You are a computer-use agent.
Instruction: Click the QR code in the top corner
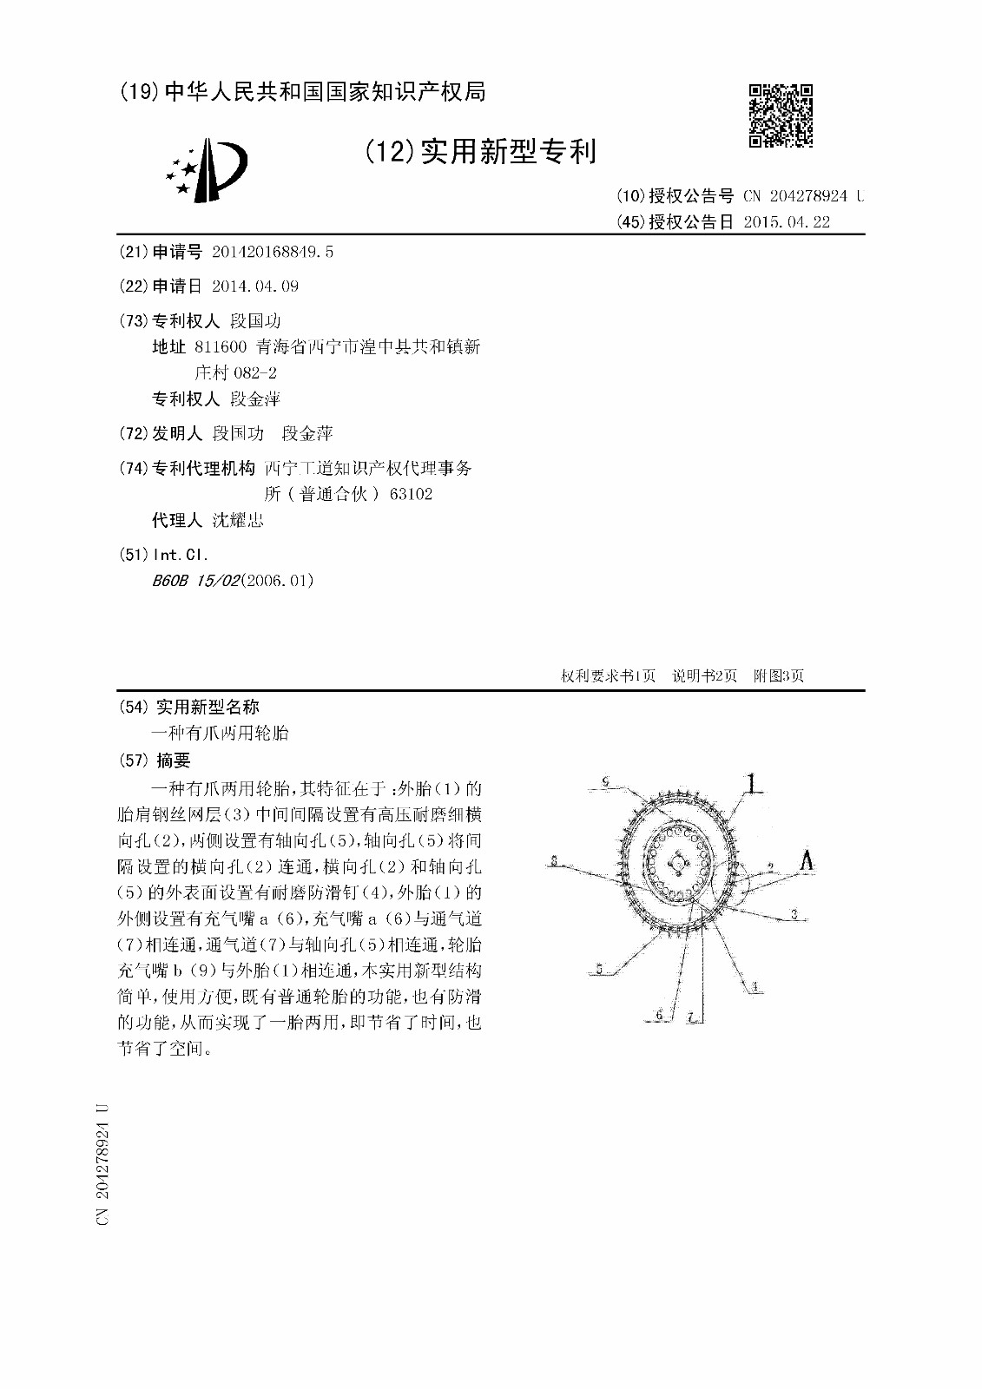781,115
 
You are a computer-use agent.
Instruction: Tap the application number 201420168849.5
273,252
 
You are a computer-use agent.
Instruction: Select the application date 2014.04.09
255,286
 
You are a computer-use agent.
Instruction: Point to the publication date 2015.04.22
787,222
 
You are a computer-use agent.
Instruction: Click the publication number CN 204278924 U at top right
803,196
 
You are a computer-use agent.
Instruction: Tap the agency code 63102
412,494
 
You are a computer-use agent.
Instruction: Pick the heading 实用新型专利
508,152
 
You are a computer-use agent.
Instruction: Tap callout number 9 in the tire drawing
605,782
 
